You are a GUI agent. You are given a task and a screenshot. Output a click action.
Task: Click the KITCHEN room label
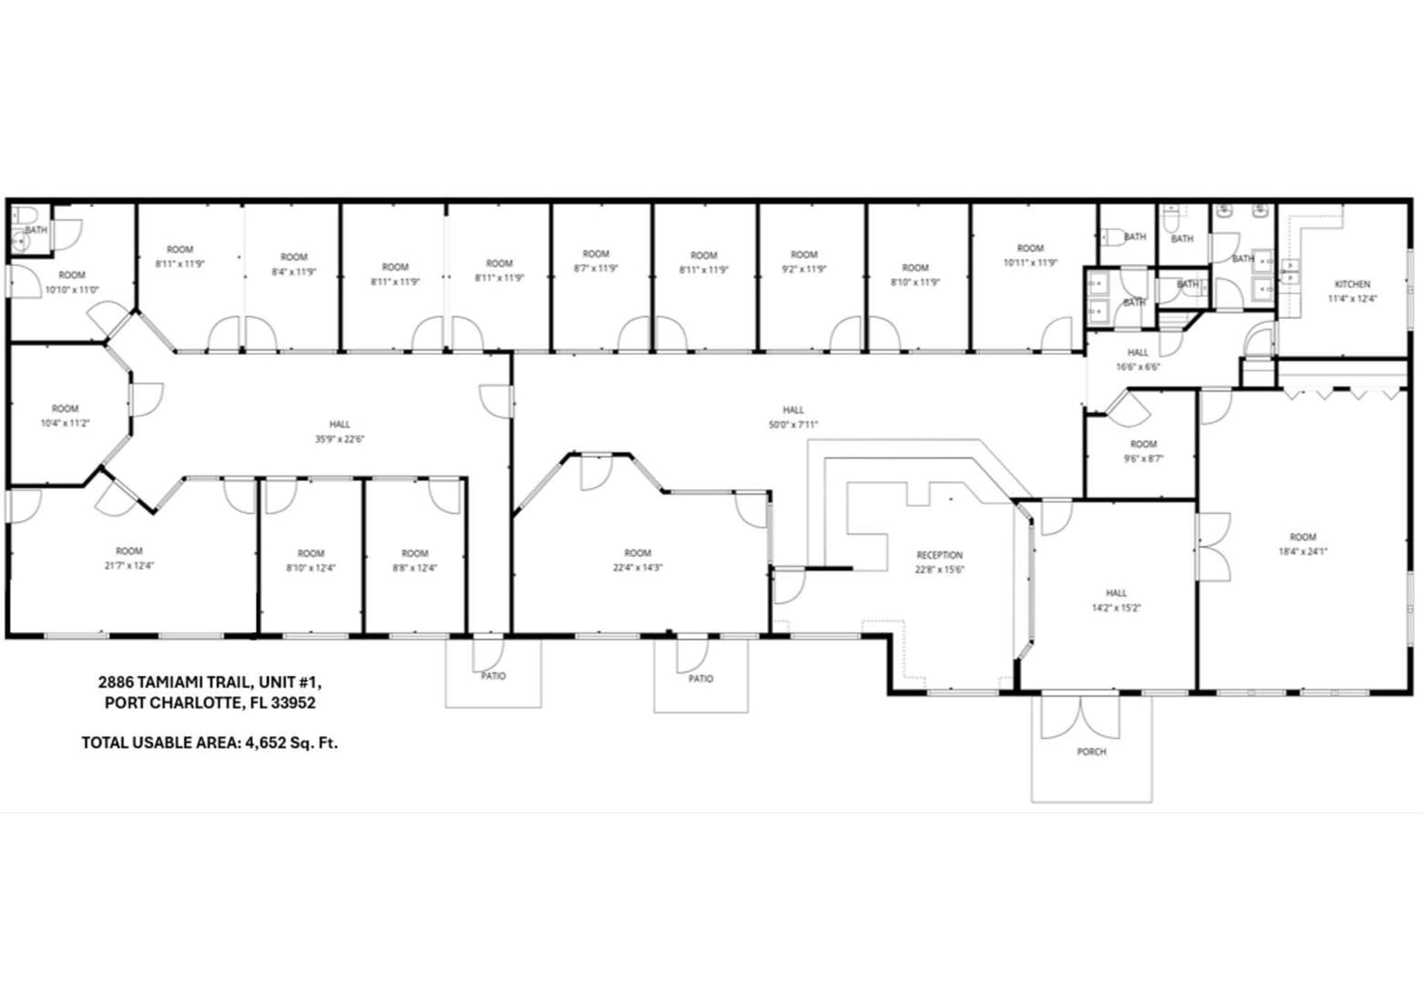click(x=1351, y=284)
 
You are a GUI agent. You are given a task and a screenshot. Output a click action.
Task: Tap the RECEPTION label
click(x=939, y=555)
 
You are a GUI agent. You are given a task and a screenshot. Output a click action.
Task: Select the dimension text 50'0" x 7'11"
click(x=793, y=424)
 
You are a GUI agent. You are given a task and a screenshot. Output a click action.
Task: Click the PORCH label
click(x=1091, y=751)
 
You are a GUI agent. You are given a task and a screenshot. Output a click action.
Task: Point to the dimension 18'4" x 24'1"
click(x=1303, y=551)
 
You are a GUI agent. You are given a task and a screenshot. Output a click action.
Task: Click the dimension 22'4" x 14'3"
click(x=637, y=567)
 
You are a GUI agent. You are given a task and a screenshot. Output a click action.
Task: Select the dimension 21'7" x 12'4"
click(x=129, y=565)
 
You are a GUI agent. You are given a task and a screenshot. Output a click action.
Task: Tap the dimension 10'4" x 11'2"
click(x=65, y=423)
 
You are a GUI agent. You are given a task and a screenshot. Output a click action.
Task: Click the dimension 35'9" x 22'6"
click(x=339, y=439)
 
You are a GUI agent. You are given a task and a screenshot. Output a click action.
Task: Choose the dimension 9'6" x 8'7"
click(x=1143, y=458)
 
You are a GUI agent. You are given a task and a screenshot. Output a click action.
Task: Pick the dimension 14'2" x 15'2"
click(x=1116, y=608)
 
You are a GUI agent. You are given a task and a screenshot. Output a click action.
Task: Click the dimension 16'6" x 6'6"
click(x=1137, y=367)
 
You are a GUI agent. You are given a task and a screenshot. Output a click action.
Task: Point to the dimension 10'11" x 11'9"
click(x=1030, y=263)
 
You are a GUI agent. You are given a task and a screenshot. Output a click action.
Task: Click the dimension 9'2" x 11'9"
click(x=804, y=269)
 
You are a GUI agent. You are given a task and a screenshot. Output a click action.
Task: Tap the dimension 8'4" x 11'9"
click(x=293, y=272)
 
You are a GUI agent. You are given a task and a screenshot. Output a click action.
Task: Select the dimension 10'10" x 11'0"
click(x=72, y=290)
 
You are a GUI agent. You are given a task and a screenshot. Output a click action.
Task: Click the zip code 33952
click(x=293, y=703)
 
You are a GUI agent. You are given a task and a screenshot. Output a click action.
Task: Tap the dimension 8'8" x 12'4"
click(x=414, y=567)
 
